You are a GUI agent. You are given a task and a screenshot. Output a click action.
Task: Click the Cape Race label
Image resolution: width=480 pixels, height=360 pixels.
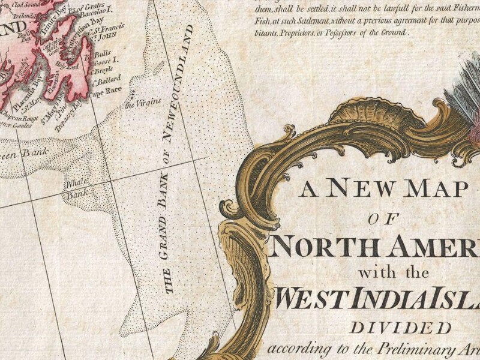point(105,91)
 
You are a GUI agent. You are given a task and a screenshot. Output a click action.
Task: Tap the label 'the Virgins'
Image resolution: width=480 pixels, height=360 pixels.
point(143,103)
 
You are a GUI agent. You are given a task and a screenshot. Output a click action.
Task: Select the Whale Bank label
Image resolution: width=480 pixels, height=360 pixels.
point(77,188)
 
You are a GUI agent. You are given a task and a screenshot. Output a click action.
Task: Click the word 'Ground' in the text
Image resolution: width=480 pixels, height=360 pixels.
point(391,34)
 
